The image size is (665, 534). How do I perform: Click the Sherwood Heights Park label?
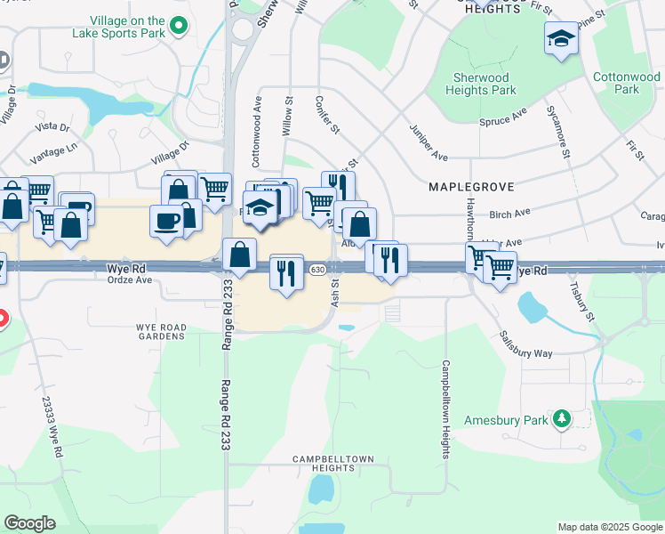(x=480, y=84)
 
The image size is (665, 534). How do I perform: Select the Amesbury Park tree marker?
(x=561, y=417)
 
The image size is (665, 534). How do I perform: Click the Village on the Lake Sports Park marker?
(x=179, y=26)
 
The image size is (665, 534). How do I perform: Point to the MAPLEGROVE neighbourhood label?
(x=468, y=187)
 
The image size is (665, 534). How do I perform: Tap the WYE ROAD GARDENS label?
(x=162, y=333)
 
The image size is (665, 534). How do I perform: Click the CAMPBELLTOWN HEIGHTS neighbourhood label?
(x=334, y=464)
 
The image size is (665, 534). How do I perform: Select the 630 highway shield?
(x=317, y=269)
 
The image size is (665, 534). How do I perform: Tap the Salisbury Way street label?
(x=525, y=346)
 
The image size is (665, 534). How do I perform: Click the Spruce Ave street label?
(x=503, y=118)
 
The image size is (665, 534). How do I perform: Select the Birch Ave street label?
(x=509, y=214)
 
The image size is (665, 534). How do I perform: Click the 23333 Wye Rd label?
(x=52, y=426)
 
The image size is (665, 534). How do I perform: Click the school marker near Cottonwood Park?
(x=561, y=38)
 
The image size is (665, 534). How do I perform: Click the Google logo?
(x=30, y=523)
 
